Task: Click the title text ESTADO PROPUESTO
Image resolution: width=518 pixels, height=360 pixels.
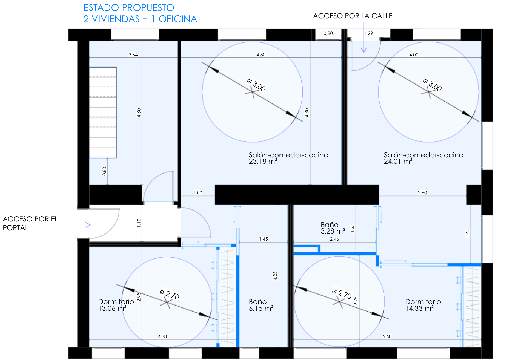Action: [129, 8]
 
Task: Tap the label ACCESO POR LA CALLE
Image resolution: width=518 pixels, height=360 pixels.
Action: [353, 16]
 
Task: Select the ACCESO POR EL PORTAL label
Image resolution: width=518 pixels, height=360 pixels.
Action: [30, 223]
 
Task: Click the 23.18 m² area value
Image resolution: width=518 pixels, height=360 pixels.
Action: [263, 162]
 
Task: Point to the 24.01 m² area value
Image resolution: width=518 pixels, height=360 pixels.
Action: [398, 162]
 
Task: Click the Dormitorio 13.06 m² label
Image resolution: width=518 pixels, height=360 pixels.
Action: [116, 305]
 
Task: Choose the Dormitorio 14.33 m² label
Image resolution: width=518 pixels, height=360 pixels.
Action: [423, 305]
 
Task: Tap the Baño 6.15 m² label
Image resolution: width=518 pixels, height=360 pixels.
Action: [261, 305]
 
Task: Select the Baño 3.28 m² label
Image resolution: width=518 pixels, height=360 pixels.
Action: [333, 228]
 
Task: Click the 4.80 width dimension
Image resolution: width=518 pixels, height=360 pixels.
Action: [261, 55]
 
